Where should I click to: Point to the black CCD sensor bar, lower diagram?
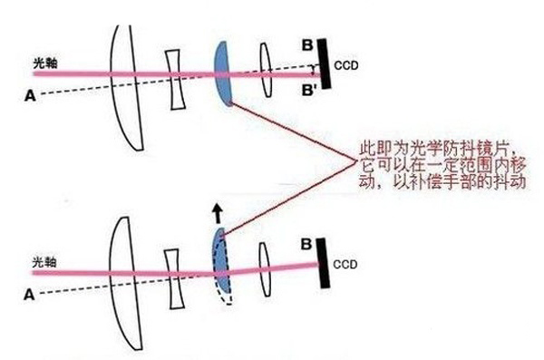[324, 261]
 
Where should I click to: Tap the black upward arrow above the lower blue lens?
[218, 214]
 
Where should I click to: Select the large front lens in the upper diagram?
[126, 86]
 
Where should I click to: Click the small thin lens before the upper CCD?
[265, 68]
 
